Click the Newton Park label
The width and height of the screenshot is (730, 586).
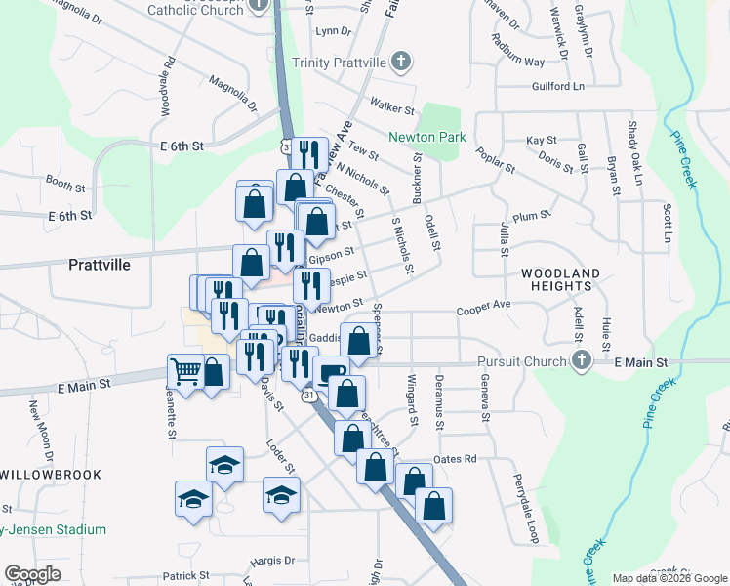[x=427, y=138]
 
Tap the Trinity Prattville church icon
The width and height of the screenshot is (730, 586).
[x=399, y=63]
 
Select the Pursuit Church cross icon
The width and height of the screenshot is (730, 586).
[x=582, y=361]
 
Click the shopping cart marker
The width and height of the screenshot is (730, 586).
[x=185, y=370]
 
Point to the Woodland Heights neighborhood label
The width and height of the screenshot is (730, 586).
[x=554, y=279]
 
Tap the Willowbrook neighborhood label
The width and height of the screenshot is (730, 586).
[x=51, y=474]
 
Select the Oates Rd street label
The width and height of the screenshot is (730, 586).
[x=455, y=459]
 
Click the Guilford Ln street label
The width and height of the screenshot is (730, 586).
[x=557, y=87]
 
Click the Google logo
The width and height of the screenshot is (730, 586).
[x=32, y=574]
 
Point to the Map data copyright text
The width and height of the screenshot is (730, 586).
[x=669, y=578]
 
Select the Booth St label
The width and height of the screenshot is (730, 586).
[x=65, y=183]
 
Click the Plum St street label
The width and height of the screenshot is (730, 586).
[x=532, y=214]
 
